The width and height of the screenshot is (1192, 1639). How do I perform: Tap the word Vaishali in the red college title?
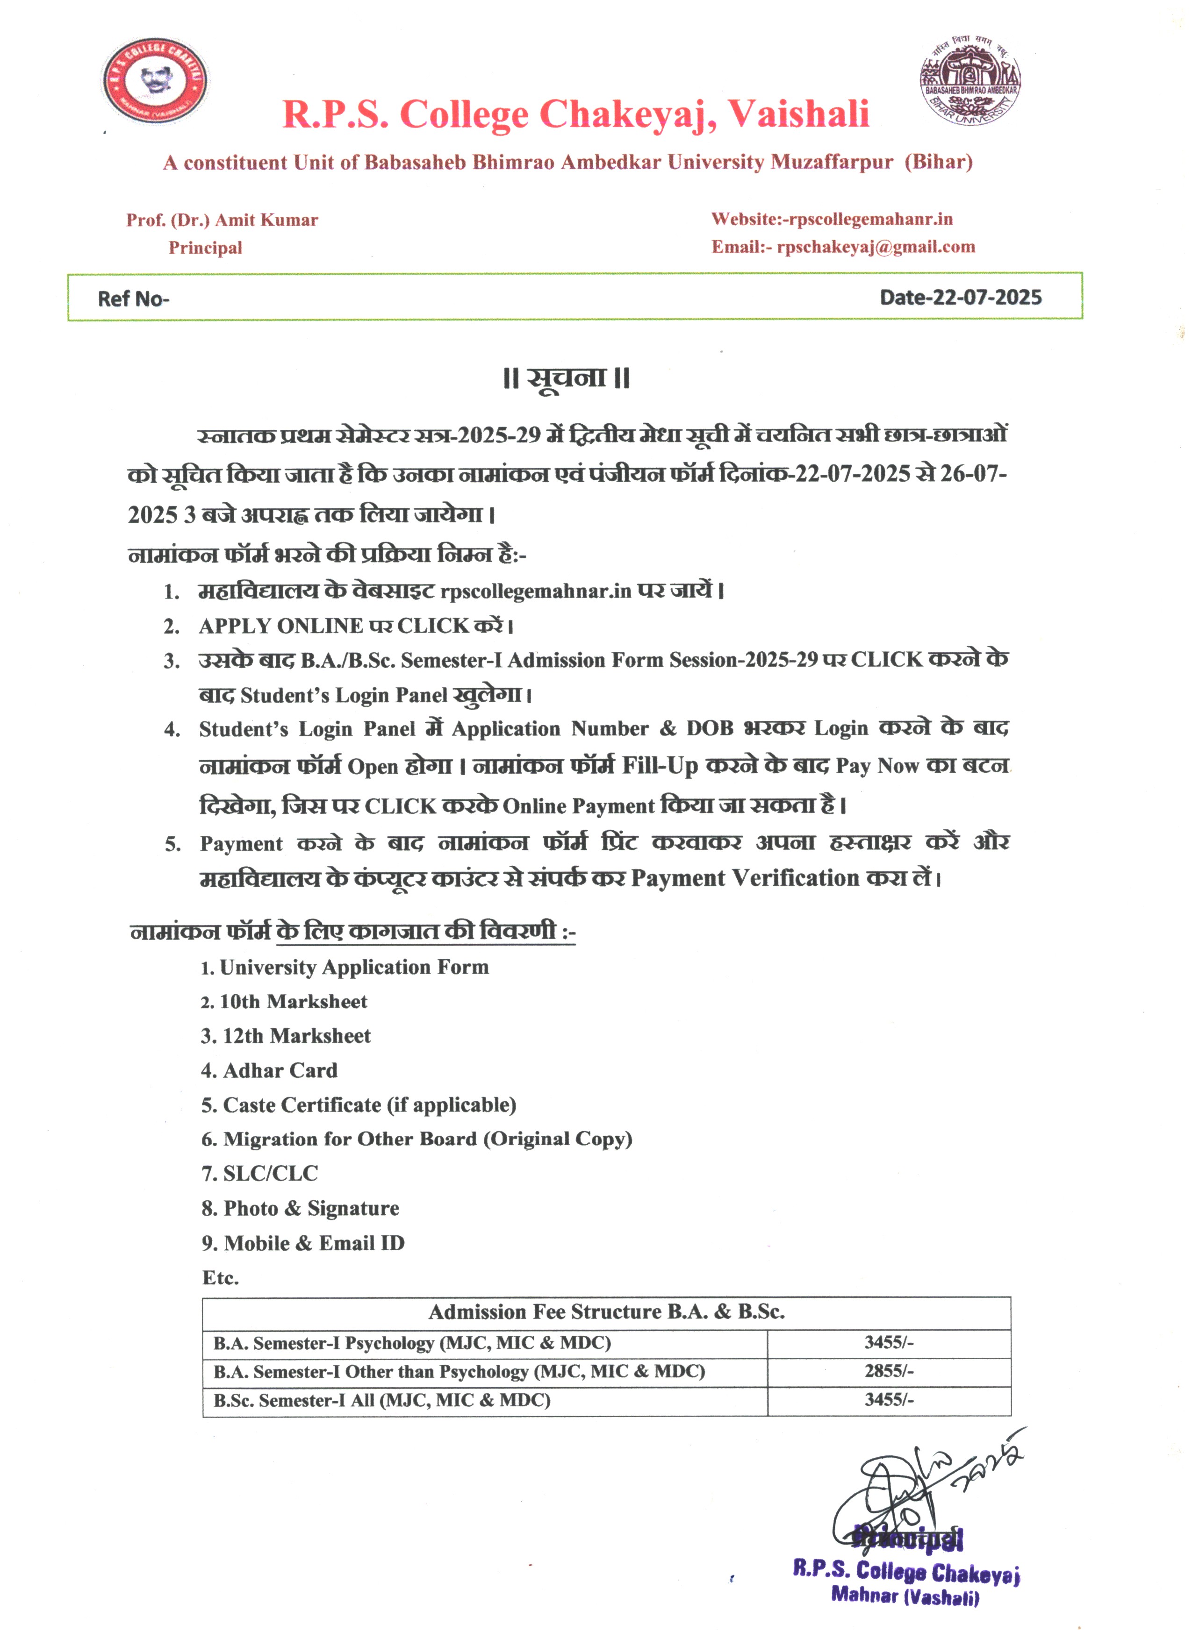click(798, 114)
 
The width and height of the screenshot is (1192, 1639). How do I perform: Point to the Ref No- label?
click(133, 299)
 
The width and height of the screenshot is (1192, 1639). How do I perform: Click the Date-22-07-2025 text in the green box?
click(960, 297)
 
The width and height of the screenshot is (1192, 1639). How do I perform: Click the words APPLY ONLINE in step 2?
click(280, 625)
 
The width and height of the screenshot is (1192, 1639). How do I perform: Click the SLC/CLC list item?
click(270, 1173)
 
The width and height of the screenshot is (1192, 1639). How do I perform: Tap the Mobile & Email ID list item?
click(314, 1242)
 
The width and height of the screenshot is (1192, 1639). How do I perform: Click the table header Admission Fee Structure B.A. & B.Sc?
click(606, 1311)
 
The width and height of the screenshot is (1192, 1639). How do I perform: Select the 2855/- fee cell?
click(889, 1371)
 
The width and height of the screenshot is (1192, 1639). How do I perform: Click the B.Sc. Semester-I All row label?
click(381, 1400)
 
